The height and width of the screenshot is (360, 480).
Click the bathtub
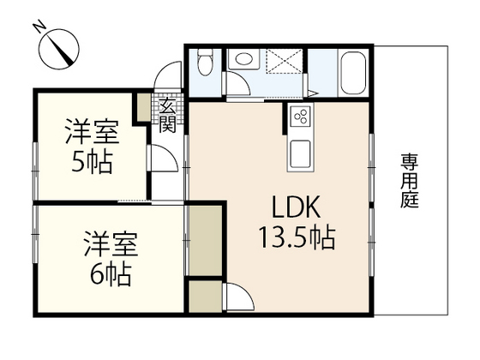click(353, 74)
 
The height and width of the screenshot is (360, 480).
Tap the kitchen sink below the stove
click(301, 153)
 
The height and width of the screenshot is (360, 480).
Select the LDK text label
click(296, 208)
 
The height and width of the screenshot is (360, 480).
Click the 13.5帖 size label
click(297, 237)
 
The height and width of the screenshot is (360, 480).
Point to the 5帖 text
click(92, 161)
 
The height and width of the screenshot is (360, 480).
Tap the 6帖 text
click(109, 275)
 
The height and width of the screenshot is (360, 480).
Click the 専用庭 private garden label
click(409, 180)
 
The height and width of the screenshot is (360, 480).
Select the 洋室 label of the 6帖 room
click(109, 245)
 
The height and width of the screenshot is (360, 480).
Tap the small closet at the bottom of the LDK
click(205, 298)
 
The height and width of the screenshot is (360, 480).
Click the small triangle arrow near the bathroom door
click(314, 93)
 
